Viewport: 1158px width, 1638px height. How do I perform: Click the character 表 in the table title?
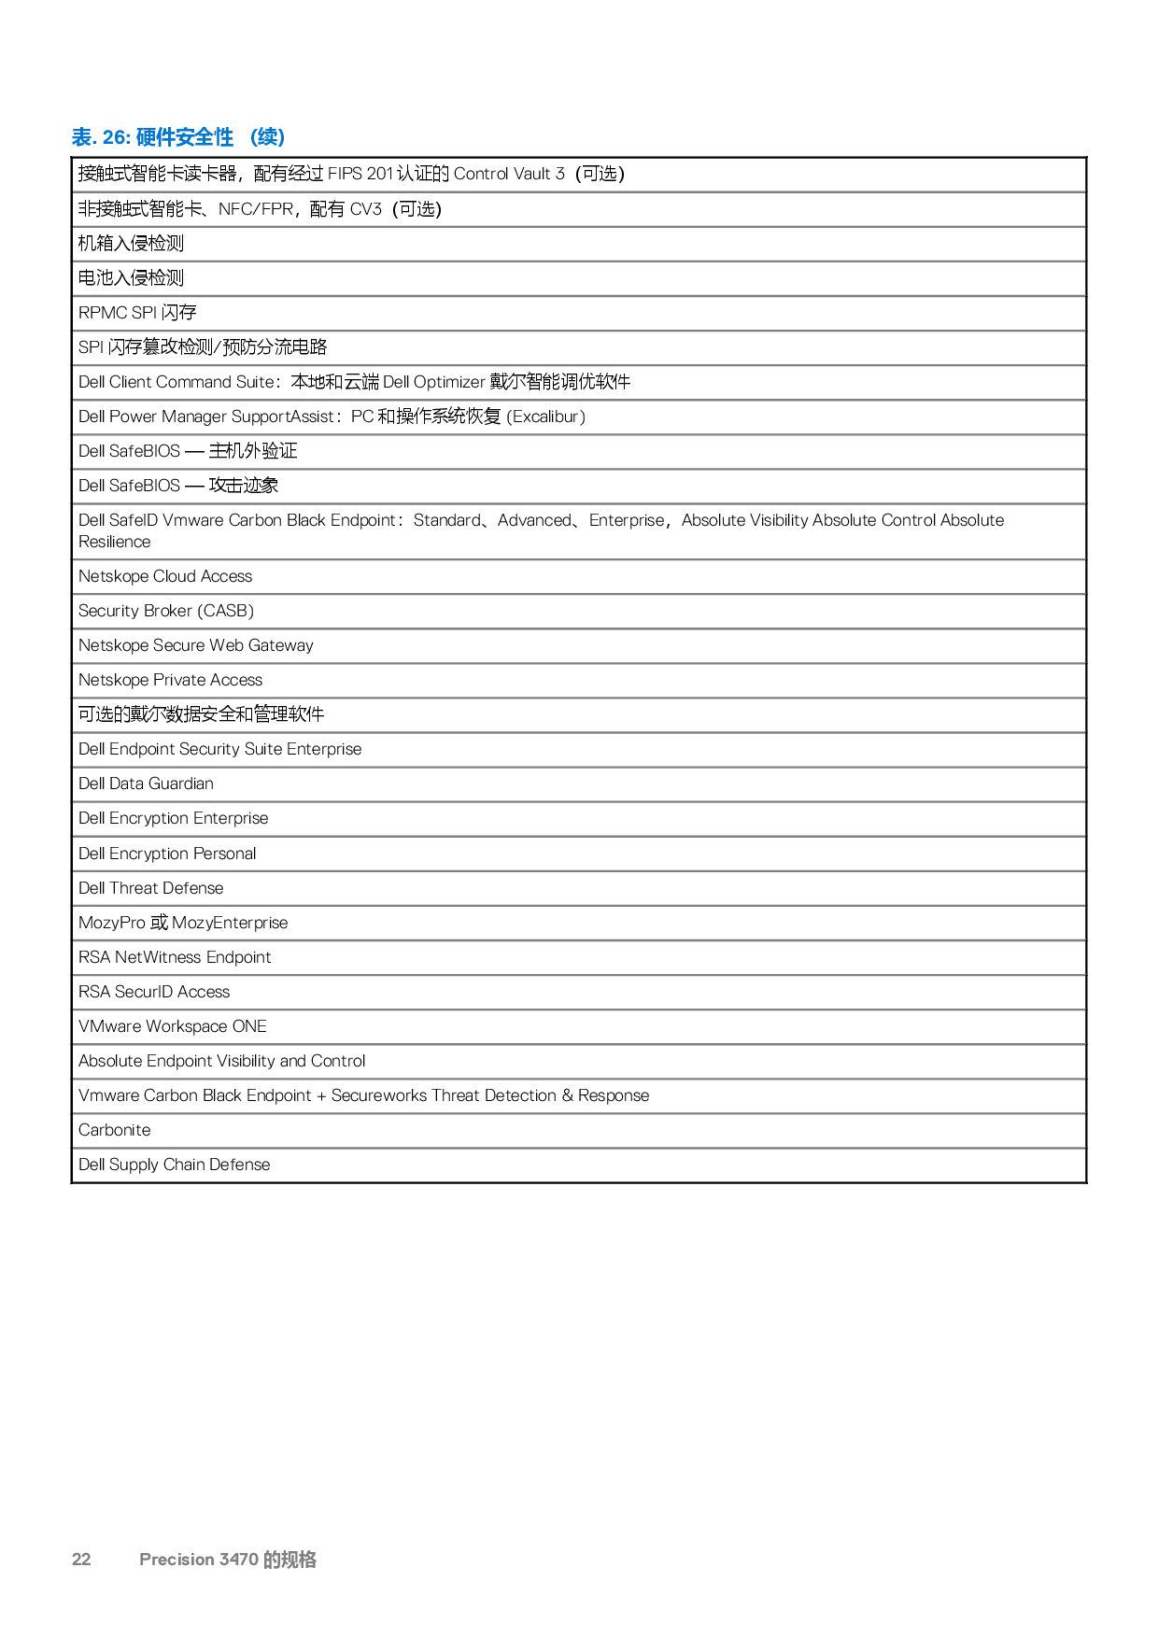click(x=81, y=138)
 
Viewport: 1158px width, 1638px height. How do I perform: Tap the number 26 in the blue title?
click(x=114, y=138)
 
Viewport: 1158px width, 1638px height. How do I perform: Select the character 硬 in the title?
click(x=148, y=138)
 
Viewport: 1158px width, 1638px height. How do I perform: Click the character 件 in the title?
click(x=169, y=138)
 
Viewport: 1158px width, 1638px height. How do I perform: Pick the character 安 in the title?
click(x=190, y=138)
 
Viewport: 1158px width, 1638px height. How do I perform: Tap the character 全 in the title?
click(x=210, y=138)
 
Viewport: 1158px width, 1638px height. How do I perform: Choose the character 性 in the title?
click(x=225, y=138)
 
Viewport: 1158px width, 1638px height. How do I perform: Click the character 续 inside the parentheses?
click(x=268, y=138)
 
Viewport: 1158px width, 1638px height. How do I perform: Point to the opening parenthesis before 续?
click(x=254, y=138)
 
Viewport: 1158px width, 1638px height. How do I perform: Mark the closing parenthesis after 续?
click(x=281, y=138)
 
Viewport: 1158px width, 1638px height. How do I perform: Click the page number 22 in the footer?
click(x=81, y=1560)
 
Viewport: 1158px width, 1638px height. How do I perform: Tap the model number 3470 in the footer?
click(x=239, y=1560)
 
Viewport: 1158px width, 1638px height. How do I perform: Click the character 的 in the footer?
click(x=273, y=1560)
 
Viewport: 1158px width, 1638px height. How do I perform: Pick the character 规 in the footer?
click(x=289, y=1560)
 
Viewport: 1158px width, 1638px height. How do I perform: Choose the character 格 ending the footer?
click(x=307, y=1560)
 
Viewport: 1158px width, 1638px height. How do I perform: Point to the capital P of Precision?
click(x=145, y=1560)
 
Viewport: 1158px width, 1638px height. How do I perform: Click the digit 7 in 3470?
click(x=243, y=1560)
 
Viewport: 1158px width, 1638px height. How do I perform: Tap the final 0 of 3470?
click(x=253, y=1560)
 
